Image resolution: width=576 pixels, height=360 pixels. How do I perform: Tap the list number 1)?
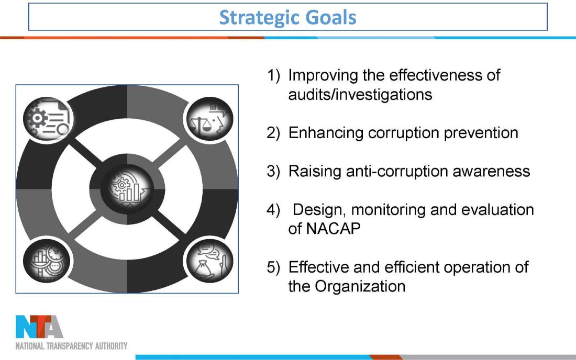[x=273, y=75]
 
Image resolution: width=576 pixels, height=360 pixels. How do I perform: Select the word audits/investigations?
[x=360, y=95]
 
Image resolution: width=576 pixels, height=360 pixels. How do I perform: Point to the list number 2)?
[x=273, y=133]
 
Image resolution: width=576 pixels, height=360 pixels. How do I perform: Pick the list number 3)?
[x=273, y=172]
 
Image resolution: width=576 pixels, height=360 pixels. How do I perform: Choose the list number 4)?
[x=273, y=210]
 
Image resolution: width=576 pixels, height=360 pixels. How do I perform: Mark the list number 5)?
[x=273, y=267]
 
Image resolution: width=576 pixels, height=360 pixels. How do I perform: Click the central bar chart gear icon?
[x=127, y=189]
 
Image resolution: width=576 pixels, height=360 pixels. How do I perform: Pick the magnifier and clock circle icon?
[x=47, y=261]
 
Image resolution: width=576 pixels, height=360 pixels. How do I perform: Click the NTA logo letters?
[x=39, y=327]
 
